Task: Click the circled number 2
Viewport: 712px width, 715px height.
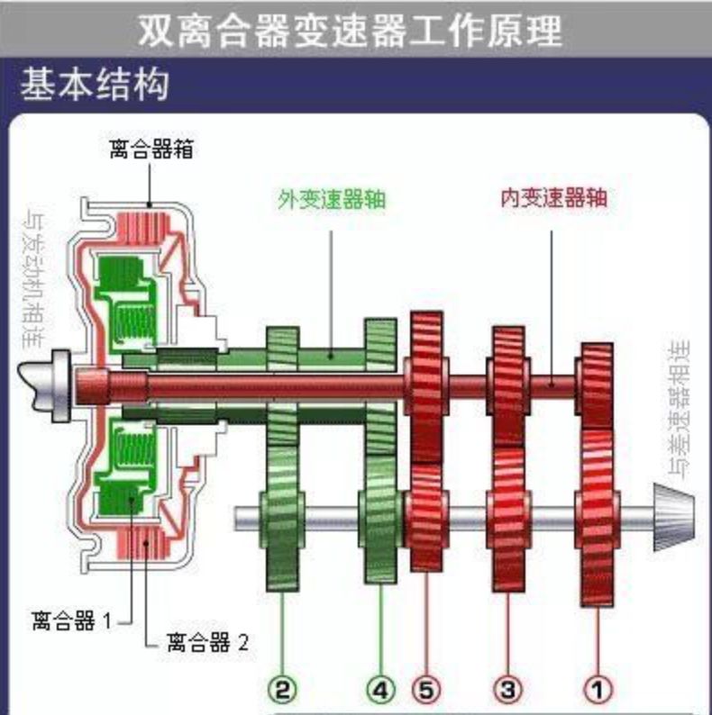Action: pos(282,690)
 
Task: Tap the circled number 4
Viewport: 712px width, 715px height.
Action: pos(381,690)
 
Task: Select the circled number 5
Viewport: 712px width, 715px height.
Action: pos(427,690)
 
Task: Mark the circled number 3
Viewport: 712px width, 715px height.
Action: pos(507,690)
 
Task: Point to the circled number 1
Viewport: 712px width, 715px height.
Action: pos(596,690)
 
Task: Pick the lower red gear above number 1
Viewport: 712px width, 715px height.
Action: pos(596,518)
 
